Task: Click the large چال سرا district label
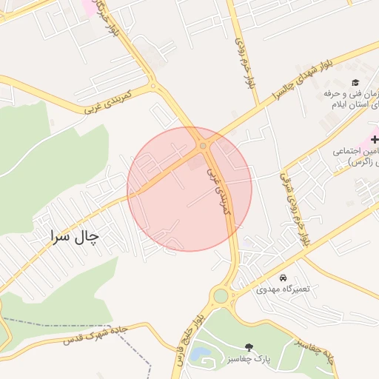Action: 74,237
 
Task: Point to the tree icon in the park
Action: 248,347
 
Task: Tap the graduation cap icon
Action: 355,82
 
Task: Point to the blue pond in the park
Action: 198,355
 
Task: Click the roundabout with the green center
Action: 221,296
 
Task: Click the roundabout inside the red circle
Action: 203,146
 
